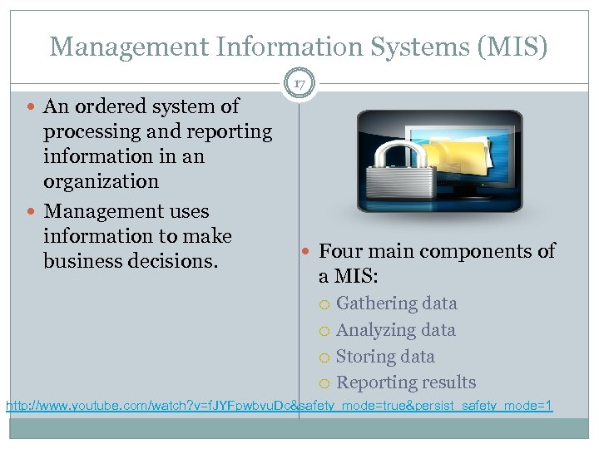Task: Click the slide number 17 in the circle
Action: (x=299, y=83)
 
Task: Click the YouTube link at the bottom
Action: (x=280, y=407)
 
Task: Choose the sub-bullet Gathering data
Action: (x=396, y=303)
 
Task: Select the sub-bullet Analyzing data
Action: (x=395, y=330)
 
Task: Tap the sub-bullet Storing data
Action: (x=385, y=357)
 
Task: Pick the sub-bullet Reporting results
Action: (x=406, y=382)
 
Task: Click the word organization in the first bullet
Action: (x=101, y=181)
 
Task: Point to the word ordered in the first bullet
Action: (x=108, y=106)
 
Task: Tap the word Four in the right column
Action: (x=339, y=251)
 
